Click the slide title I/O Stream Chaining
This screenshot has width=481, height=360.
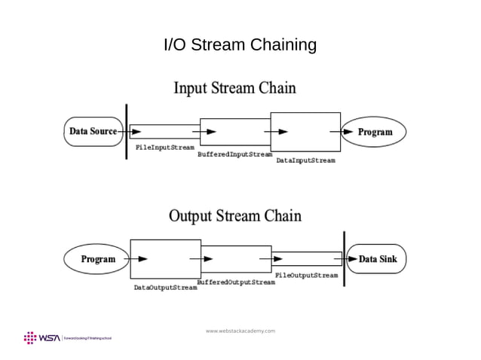(x=240, y=46)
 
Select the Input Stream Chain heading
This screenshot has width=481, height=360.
(x=234, y=88)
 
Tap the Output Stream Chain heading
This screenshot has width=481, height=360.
(x=234, y=216)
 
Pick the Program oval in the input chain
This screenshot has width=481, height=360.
(x=375, y=132)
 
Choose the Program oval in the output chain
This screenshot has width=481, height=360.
(x=98, y=259)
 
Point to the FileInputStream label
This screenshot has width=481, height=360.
(x=164, y=147)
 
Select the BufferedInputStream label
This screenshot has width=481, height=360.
(x=234, y=154)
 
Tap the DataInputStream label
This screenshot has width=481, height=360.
(x=305, y=160)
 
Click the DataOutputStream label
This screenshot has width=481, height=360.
(x=165, y=288)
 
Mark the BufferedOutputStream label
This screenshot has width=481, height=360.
(x=236, y=282)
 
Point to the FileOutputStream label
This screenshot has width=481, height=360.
(x=306, y=275)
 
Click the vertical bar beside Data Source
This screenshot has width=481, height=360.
(x=126, y=132)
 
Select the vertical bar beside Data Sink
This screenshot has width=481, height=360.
(x=344, y=258)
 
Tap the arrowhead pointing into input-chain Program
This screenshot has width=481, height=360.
(x=348, y=132)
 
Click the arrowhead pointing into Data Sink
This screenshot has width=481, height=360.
(x=352, y=259)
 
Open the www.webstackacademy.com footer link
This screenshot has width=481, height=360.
(x=240, y=331)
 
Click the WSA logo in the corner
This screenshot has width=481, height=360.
(x=43, y=337)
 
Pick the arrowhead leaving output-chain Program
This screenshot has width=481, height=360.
(x=142, y=259)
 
